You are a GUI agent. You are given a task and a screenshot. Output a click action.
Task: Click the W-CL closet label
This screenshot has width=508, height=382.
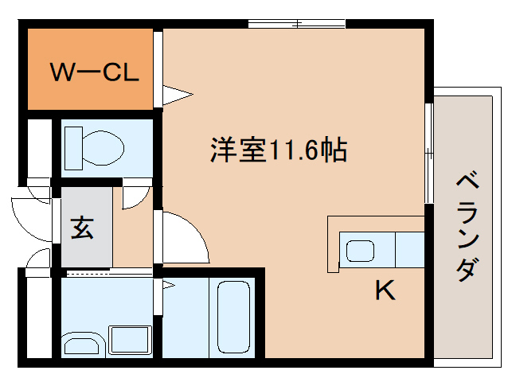(x=95, y=72)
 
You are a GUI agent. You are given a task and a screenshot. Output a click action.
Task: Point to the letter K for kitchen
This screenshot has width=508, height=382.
(x=385, y=291)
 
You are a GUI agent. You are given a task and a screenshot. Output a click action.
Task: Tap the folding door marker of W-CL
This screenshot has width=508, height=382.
(x=177, y=95)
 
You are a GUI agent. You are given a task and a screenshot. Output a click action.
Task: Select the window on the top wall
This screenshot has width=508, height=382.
(x=296, y=23)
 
